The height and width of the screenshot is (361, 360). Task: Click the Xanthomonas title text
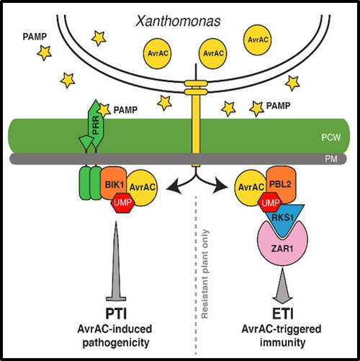pos(178,22)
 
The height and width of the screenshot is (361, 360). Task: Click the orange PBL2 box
pos(282,185)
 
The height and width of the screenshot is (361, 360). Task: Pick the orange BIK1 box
pos(114,185)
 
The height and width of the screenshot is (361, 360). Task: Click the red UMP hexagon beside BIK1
pos(122,203)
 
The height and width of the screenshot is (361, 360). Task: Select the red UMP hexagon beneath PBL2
pos(270,203)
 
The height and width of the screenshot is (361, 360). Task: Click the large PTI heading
pos(116,314)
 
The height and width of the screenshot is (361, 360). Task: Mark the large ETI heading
pos(283,314)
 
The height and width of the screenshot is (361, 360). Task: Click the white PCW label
pos(330,137)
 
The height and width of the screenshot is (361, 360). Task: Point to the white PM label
pos(331,159)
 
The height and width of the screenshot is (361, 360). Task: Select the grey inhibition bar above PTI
pos(116,261)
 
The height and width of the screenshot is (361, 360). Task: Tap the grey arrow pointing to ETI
pos(282,285)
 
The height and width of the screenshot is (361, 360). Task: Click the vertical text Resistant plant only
pos(204,274)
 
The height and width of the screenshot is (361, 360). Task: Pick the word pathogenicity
pos(116,342)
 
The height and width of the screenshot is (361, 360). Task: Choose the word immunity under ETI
pos(282,342)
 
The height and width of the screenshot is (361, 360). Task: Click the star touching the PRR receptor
pos(104,109)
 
